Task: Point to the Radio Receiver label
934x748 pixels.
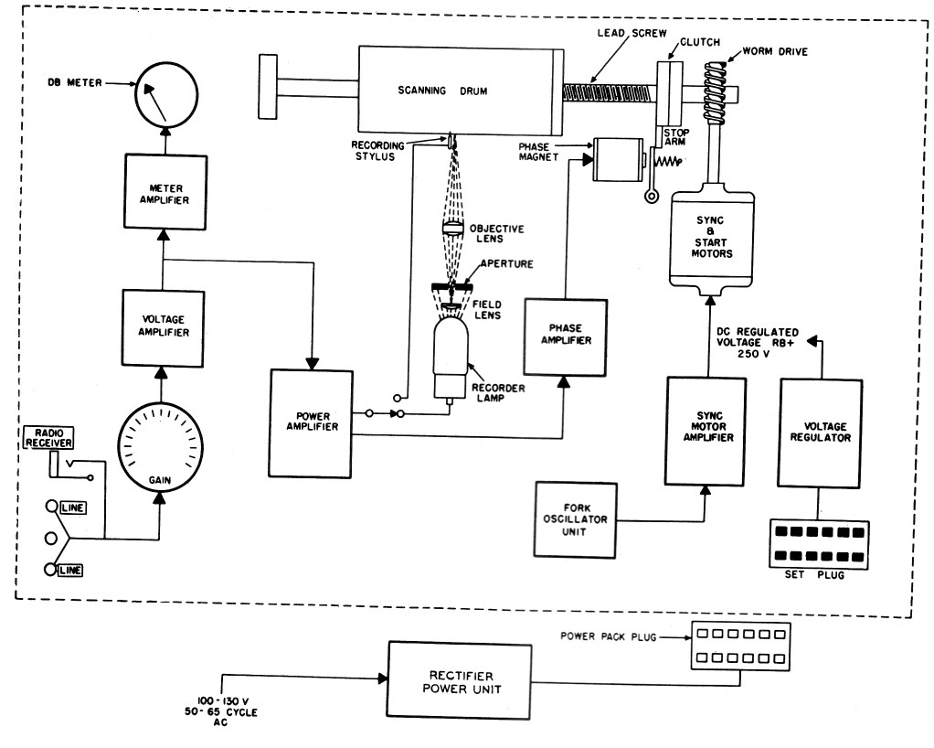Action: pos(48,437)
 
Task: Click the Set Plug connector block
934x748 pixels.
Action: pos(819,544)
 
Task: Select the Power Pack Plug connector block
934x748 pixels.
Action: pos(741,646)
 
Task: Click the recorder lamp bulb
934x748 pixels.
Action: pos(451,357)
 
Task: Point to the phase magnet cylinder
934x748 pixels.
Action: pos(618,159)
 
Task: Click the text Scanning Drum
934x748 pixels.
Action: pos(442,91)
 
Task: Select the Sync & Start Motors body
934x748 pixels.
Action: pos(711,239)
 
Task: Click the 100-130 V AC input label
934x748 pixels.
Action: pos(221,711)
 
